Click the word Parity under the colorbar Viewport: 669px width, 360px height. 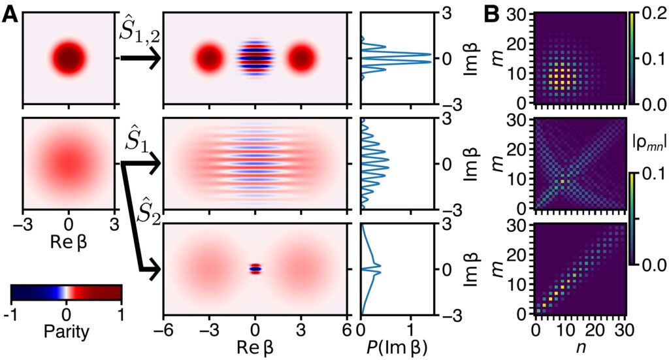(66, 332)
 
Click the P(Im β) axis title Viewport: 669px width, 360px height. (393, 346)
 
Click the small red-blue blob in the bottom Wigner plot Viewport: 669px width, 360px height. (255, 268)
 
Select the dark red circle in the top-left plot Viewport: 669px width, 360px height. (69, 58)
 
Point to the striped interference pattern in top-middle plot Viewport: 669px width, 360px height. (255, 58)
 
